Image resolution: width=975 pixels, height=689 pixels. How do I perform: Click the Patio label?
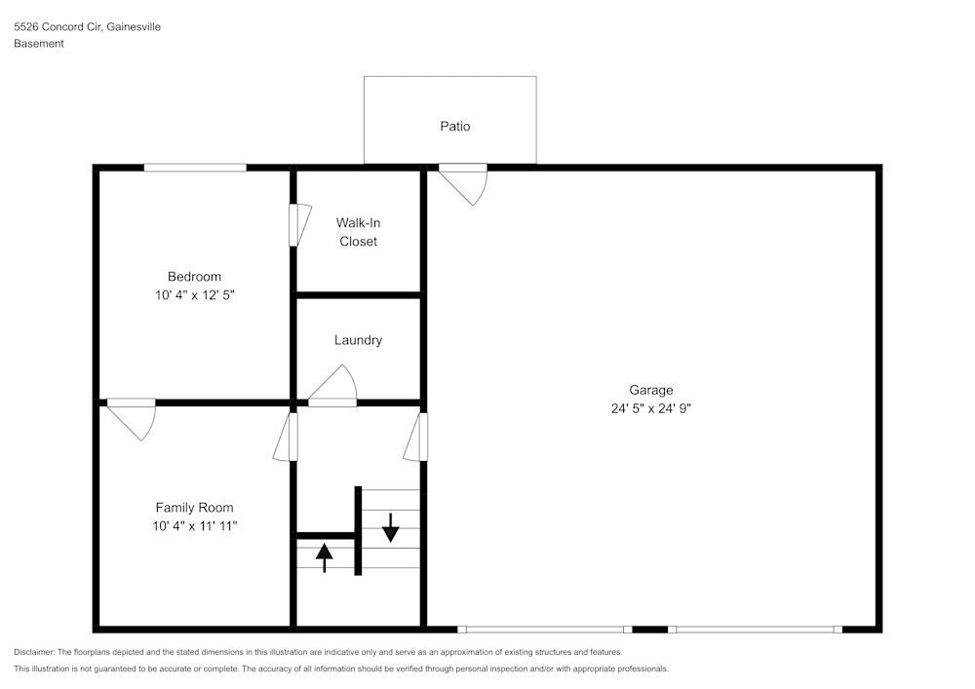[455, 127]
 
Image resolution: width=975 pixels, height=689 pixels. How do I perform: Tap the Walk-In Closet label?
[358, 232]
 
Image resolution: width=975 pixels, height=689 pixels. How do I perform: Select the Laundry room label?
[358, 340]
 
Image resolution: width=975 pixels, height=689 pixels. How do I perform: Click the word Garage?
[650, 390]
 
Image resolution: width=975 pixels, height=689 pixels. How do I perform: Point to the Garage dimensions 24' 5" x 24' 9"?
[650, 409]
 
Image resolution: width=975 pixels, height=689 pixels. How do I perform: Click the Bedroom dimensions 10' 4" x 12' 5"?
[194, 294]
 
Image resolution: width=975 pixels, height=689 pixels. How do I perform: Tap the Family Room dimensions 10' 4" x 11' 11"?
[194, 526]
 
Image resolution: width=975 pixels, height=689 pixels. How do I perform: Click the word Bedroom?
[194, 277]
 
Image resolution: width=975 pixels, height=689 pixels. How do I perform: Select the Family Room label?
[194, 508]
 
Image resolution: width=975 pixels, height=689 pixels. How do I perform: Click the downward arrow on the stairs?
[391, 527]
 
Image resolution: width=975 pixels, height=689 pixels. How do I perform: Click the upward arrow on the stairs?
[324, 557]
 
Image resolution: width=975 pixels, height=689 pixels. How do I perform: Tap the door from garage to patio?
[465, 182]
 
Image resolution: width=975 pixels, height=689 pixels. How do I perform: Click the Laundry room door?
[334, 387]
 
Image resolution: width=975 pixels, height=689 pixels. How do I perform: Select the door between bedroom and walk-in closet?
[298, 224]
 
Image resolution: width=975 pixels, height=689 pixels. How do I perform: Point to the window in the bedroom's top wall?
[195, 168]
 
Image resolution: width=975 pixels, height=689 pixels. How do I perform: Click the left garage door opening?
[544, 630]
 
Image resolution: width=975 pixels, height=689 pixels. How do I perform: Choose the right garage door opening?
[755, 630]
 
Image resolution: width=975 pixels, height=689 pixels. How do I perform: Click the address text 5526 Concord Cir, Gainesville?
[87, 27]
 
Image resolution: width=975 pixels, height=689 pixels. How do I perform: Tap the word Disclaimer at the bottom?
[34, 652]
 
